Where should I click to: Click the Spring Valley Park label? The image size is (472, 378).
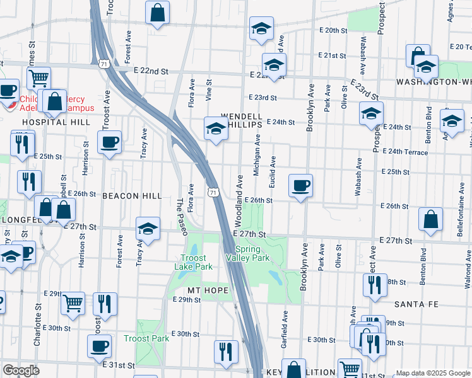248,253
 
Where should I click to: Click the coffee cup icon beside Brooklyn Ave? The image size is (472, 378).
300,185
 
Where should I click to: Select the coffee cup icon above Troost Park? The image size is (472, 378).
99,345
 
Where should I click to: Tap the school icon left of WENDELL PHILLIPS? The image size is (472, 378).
215,128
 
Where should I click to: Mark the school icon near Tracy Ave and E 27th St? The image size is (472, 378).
148,229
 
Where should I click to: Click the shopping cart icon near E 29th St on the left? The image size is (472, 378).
73,302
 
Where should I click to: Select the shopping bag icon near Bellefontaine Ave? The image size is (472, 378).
430,220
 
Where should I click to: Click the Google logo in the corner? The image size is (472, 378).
21,370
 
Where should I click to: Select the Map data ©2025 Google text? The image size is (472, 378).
433,373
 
